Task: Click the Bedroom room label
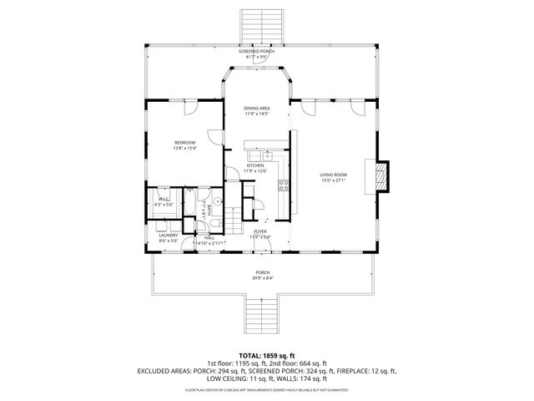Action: (184, 143)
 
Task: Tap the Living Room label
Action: (333, 175)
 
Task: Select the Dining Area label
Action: (256, 109)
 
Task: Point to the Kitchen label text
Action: (255, 166)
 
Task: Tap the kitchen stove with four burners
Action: (284, 185)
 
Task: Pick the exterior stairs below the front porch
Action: (263, 315)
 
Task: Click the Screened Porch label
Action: (256, 52)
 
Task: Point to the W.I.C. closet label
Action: (162, 199)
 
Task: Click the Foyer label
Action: (260, 231)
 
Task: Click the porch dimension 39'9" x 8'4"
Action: (263, 278)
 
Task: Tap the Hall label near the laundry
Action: (209, 237)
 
